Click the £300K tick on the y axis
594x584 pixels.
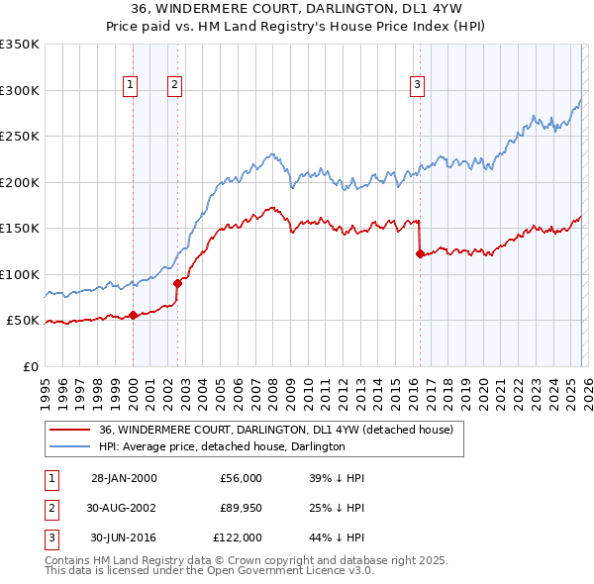pos(20,90)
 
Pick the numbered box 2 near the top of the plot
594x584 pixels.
pos(174,86)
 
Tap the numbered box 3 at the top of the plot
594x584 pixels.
pos(418,86)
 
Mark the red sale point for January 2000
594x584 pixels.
pos(134,315)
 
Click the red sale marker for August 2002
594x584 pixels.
pos(178,283)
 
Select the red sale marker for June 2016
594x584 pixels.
pos(420,254)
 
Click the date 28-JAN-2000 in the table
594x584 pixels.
pos(124,478)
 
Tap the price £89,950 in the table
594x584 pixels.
pos(241,508)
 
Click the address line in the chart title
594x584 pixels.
pos(297,9)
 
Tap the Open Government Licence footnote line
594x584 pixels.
pos(209,571)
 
